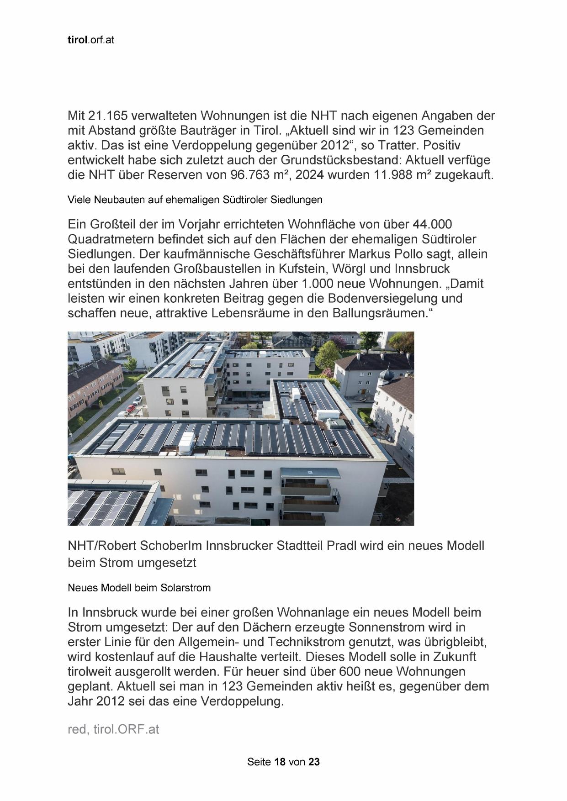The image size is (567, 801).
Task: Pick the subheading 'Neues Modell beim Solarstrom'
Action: tap(139, 588)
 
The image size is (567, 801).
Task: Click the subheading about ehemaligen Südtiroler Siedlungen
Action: tap(195, 200)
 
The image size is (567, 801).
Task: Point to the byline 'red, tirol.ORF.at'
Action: tap(113, 729)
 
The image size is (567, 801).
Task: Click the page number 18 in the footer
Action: tap(280, 762)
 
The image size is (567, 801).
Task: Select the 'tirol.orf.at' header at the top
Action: tap(90, 40)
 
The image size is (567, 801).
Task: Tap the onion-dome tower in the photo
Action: tap(387, 375)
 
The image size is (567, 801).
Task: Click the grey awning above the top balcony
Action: tap(310, 474)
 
